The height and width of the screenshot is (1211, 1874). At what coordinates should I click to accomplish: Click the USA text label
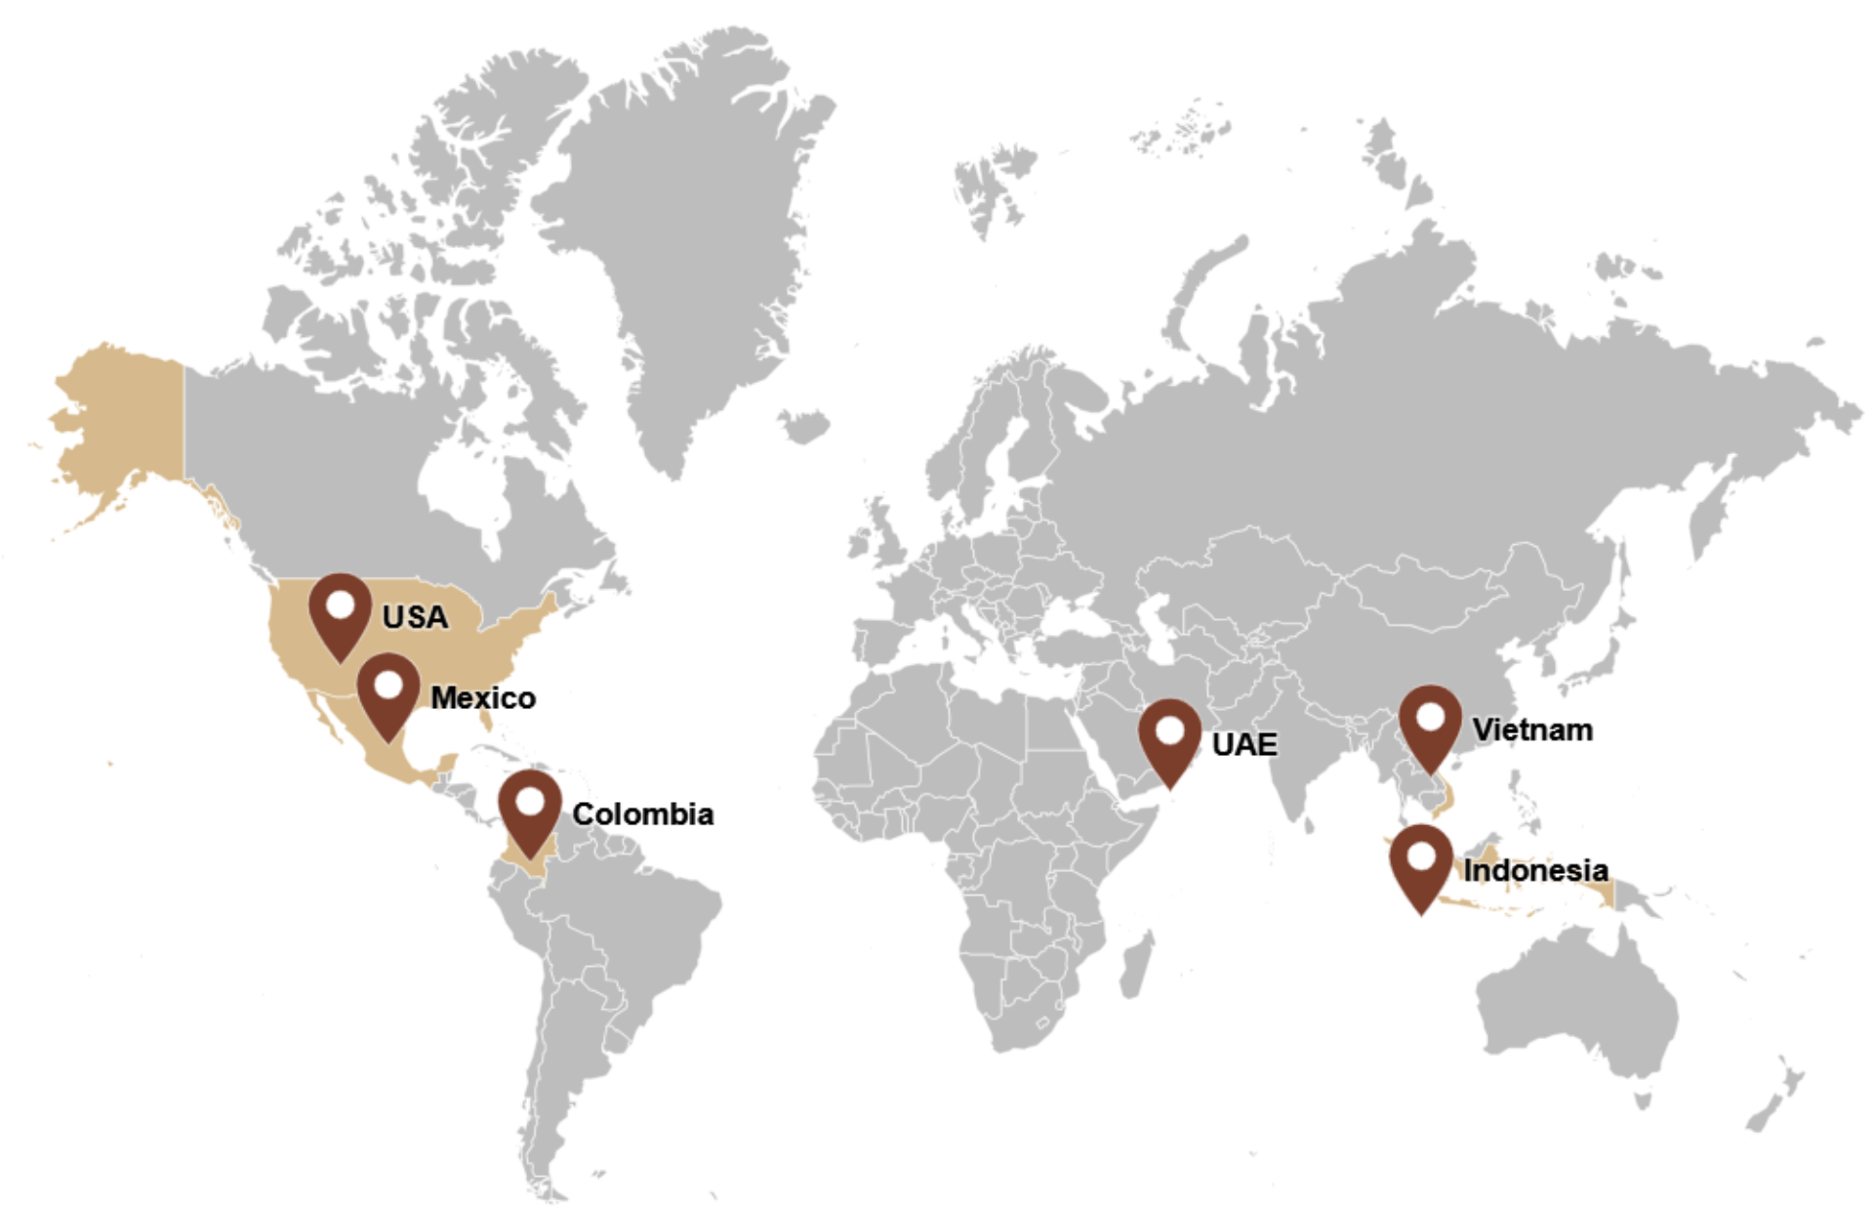(x=415, y=617)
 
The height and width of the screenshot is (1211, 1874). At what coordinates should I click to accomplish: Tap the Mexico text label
(x=483, y=697)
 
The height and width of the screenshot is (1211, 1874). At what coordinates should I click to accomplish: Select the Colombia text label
(x=642, y=814)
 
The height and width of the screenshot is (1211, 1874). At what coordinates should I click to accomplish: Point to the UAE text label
(x=1244, y=744)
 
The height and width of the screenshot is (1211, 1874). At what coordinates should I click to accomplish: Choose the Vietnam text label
(x=1532, y=730)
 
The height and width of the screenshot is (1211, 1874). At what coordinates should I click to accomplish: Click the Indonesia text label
(x=1535, y=869)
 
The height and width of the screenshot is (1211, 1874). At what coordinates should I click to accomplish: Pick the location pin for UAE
(x=1169, y=738)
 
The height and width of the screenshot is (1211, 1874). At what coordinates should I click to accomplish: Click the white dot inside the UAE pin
(x=1169, y=730)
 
